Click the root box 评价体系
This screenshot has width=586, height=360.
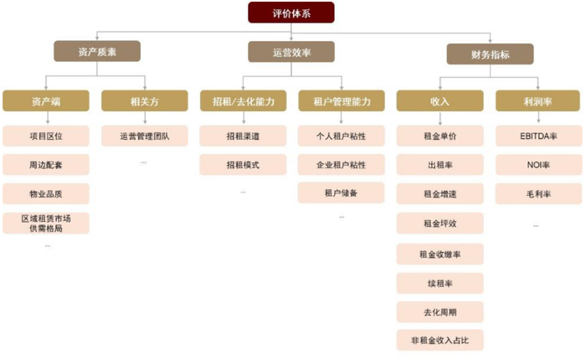point(291,13)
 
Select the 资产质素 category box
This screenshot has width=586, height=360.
point(96,52)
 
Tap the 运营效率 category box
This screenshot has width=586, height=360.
point(291,52)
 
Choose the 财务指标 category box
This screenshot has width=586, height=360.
point(490,54)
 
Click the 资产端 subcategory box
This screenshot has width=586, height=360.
point(45,101)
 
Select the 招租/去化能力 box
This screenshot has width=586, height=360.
point(243,101)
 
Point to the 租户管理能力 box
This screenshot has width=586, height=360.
point(341,101)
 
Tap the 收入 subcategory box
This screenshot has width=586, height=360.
point(440,101)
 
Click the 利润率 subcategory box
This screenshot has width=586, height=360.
point(536,101)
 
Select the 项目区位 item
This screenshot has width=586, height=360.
point(45,135)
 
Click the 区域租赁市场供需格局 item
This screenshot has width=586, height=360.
point(45,223)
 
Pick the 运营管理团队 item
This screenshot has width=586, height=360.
point(144,135)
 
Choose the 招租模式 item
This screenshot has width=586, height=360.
point(243,164)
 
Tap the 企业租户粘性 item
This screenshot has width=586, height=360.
point(341,164)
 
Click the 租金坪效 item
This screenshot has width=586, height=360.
point(440,224)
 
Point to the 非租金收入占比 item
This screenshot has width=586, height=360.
point(440,340)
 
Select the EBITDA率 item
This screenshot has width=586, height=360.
point(536,135)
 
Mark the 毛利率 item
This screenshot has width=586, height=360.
point(536,193)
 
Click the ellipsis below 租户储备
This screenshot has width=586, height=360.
point(341,217)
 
